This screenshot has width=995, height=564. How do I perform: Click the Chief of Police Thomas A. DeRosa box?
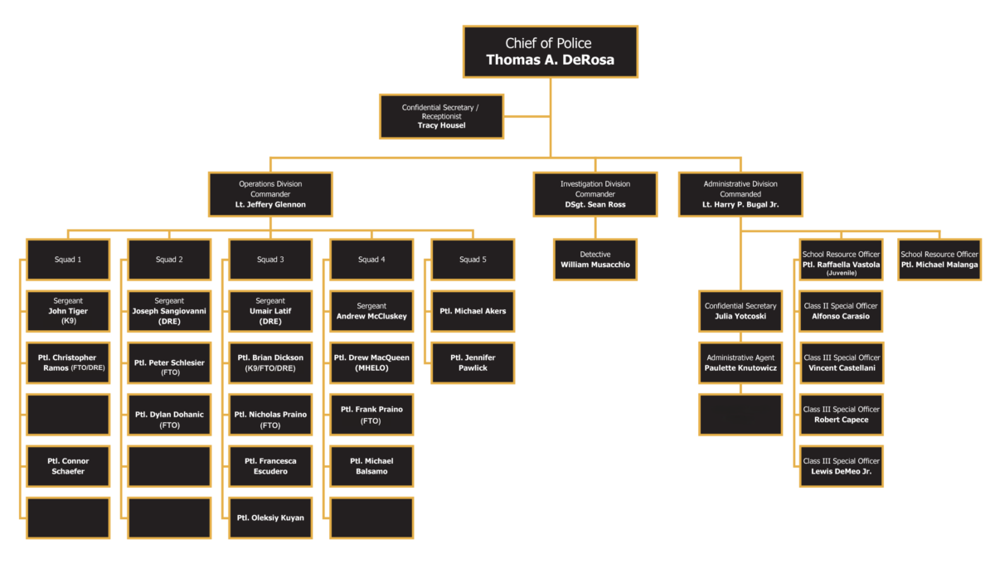click(x=551, y=51)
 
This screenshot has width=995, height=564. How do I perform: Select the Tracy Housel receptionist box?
click(x=441, y=116)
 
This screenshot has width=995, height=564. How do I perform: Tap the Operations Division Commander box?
click(x=270, y=194)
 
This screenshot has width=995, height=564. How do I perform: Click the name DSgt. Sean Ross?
click(x=595, y=204)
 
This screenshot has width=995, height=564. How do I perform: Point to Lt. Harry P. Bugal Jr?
click(x=740, y=204)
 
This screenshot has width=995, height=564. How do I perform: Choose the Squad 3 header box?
click(x=270, y=260)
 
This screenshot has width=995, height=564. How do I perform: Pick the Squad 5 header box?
click(x=473, y=260)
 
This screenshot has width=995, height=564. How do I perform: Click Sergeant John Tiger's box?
click(x=68, y=311)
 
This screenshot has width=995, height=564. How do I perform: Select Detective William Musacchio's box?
click(x=595, y=260)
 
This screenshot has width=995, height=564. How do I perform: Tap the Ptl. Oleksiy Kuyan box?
click(x=270, y=518)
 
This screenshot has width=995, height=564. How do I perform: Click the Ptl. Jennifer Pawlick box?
click(x=473, y=362)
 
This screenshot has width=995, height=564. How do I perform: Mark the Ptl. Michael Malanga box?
click(x=939, y=260)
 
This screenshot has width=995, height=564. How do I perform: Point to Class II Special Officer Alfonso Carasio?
click(x=841, y=311)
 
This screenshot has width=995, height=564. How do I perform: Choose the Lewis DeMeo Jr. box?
click(x=842, y=466)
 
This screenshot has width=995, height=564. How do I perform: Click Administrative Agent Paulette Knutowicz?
click(x=740, y=362)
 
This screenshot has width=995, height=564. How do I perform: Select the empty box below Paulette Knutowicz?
click(x=740, y=415)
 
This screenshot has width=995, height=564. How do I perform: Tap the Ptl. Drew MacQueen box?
click(x=371, y=362)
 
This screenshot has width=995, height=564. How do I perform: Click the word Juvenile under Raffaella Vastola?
click(x=842, y=273)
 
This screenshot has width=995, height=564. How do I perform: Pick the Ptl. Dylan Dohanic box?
click(x=169, y=415)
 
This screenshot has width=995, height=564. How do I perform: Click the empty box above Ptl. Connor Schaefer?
click(x=68, y=415)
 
